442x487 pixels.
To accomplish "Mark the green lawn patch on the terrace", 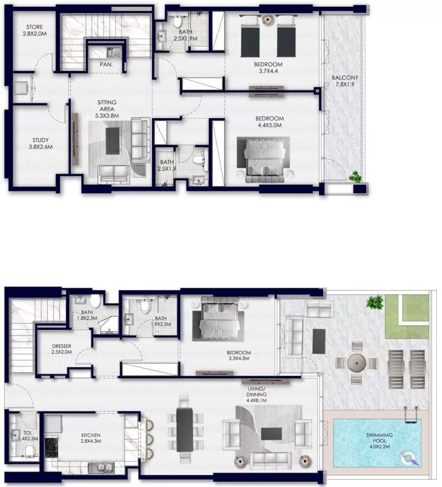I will [407, 316].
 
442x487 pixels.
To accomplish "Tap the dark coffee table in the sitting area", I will [114, 139].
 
